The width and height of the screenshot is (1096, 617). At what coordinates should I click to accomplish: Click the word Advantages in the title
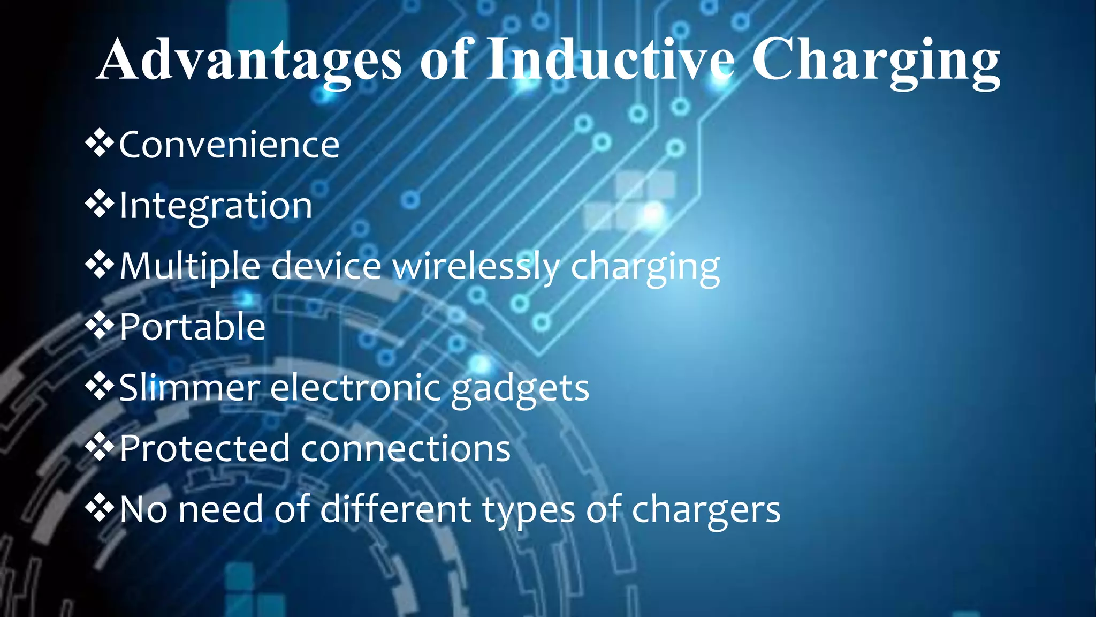249,60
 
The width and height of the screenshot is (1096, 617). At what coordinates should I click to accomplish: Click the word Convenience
229,145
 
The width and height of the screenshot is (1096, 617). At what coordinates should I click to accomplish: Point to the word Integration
216,206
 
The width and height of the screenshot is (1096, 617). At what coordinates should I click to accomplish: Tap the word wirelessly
476,266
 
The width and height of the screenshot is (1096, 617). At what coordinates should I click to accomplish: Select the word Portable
193,327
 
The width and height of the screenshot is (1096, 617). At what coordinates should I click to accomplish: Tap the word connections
406,449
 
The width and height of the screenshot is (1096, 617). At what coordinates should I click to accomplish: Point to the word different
395,509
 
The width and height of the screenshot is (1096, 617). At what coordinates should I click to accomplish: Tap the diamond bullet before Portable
100,326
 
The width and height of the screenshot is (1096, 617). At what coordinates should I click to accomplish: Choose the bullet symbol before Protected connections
100,447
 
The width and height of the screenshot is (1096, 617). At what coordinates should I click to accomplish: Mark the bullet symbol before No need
100,508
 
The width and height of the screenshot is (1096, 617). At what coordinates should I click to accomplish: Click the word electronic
355,387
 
